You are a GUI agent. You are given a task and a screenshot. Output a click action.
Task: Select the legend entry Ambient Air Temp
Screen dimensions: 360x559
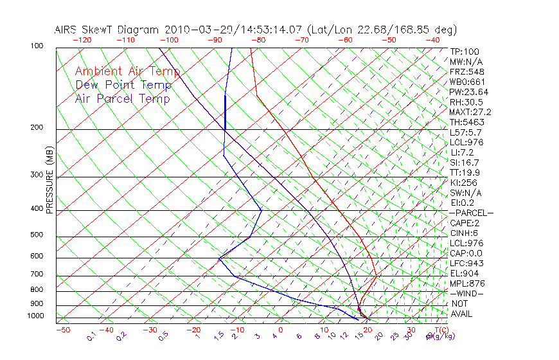click(127, 71)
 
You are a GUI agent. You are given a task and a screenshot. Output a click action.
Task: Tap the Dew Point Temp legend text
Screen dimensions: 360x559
click(123, 85)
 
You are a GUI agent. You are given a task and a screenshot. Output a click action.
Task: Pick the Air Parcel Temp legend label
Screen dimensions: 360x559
click(122, 98)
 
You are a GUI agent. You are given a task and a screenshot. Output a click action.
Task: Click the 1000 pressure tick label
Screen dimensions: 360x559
click(37, 316)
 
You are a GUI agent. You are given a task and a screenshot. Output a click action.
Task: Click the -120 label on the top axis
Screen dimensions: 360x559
click(82, 40)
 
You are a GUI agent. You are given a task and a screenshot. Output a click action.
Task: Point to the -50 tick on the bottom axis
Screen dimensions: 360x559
click(62, 330)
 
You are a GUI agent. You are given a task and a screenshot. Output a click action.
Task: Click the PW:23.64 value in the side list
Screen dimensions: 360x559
click(468, 92)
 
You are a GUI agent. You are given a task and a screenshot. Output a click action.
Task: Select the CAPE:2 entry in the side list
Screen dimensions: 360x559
click(465, 223)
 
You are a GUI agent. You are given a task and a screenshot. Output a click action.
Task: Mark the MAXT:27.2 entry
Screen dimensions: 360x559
click(470, 112)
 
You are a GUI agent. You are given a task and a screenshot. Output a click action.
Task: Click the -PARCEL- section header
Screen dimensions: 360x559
click(471, 213)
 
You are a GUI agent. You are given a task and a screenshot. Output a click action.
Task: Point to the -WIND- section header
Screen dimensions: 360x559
click(466, 293)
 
